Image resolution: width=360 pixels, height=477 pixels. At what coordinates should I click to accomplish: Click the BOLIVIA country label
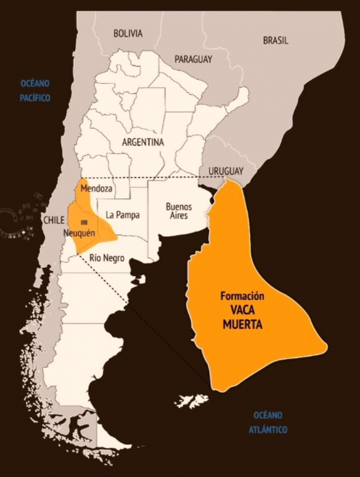pos(128,33)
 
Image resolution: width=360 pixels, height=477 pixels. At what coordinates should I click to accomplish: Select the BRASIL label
pos(275,40)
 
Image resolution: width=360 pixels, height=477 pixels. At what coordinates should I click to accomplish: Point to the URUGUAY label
pos(221,171)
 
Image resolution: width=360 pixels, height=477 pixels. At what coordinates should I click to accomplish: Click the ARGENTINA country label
pos(143,142)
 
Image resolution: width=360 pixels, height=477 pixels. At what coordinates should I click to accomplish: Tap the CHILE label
pos(54,220)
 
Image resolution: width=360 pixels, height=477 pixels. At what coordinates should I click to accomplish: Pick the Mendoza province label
pos(97,189)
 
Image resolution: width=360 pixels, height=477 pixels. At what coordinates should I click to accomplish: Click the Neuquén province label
pos(79,233)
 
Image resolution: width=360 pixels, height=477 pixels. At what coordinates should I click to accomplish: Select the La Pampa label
pos(123,215)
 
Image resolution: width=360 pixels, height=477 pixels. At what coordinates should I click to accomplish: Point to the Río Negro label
pos(107,257)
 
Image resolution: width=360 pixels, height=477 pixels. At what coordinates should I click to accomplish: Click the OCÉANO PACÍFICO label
pos(35,90)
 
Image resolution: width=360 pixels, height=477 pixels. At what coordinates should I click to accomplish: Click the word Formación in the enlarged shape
pos(242,296)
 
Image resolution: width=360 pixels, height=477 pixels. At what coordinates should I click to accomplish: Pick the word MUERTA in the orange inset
pos(242,325)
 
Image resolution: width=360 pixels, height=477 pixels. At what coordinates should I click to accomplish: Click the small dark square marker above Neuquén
pos(84,220)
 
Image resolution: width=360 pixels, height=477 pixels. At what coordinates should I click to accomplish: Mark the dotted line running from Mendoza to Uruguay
pos(152,178)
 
